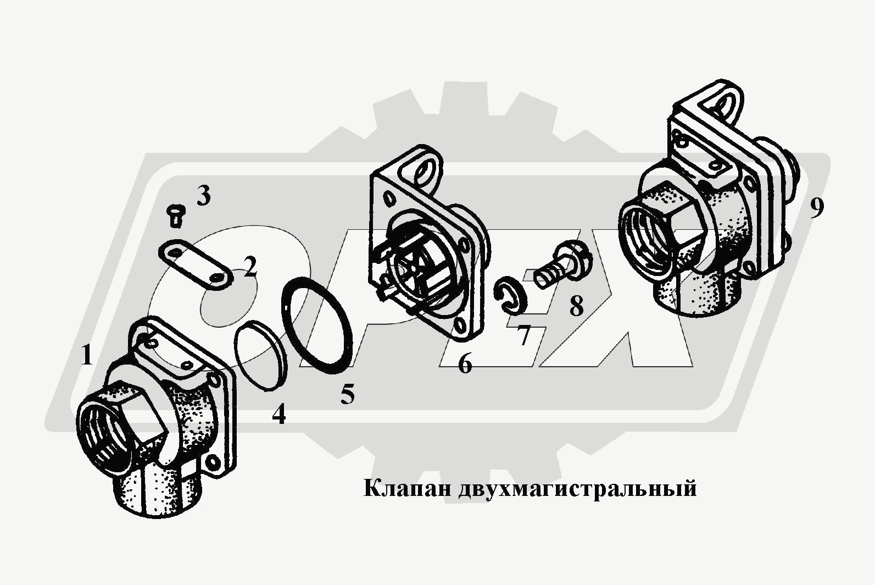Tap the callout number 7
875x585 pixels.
pyautogui.click(x=523, y=335)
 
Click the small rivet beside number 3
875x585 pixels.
pyautogui.click(x=175, y=216)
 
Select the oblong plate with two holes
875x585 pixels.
pyautogui.click(x=196, y=265)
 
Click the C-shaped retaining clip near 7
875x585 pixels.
pyautogui.click(x=509, y=294)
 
